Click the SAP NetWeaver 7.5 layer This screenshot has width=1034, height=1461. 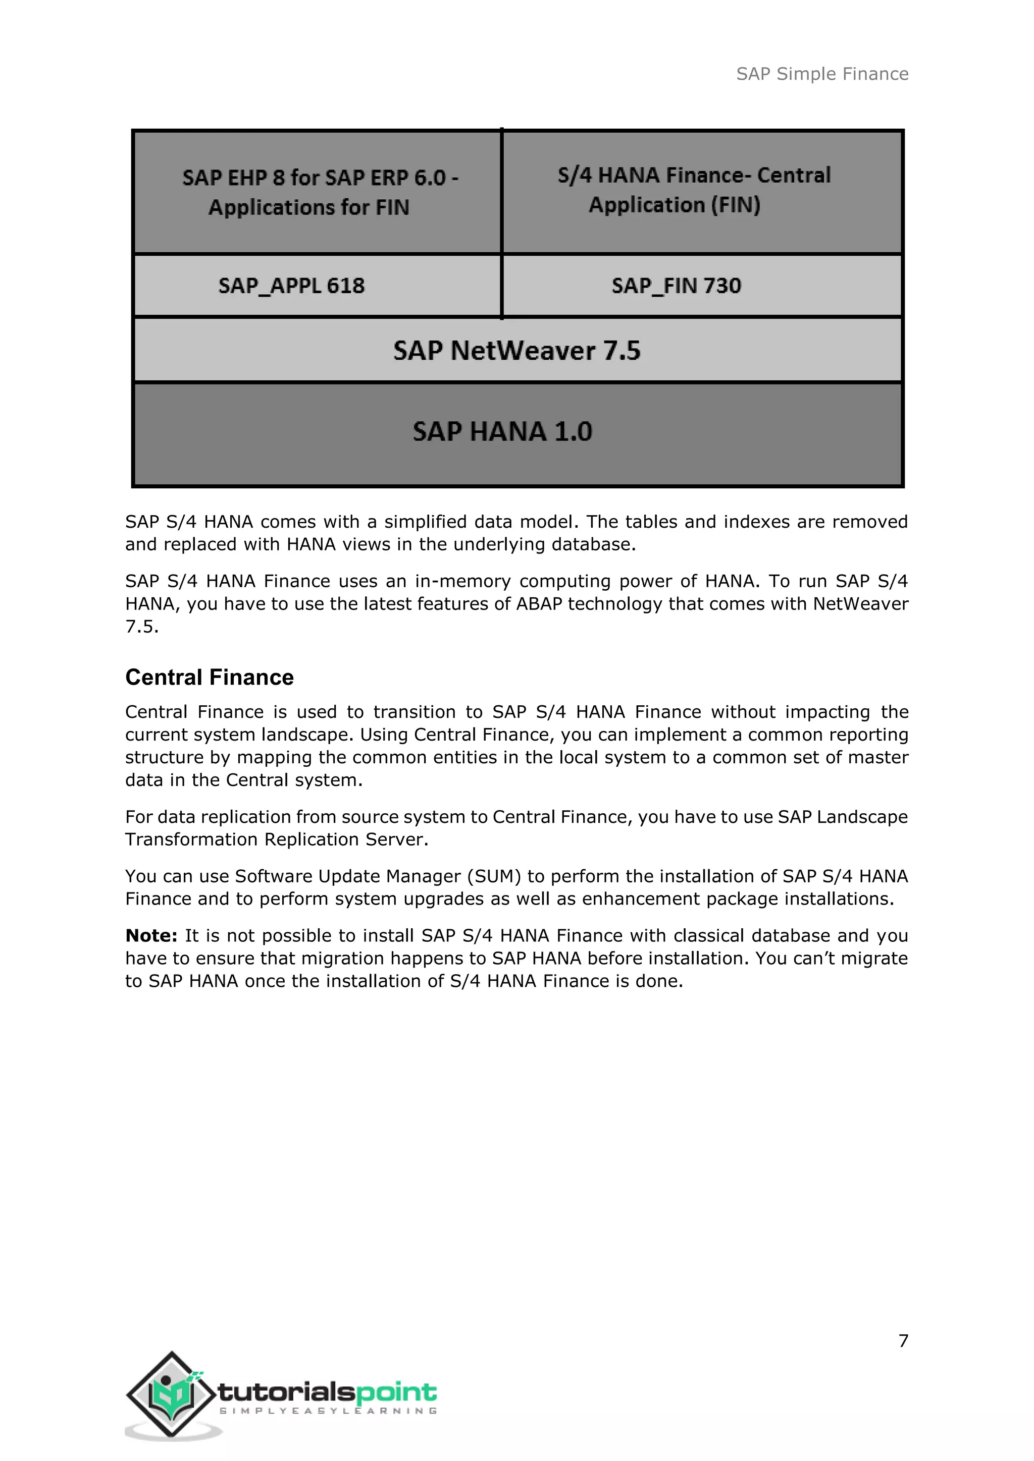pos(516,351)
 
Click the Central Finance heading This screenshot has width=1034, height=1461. pos(210,677)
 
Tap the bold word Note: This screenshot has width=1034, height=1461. pos(151,935)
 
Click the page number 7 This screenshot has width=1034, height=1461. pos(903,1341)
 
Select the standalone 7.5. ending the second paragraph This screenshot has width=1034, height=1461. pos(141,627)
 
